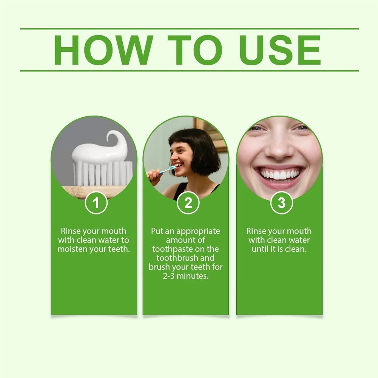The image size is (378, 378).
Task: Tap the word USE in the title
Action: (281, 50)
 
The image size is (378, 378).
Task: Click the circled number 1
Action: (96, 203)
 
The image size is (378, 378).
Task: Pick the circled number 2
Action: (188, 203)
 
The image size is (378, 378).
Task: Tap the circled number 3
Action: (282, 203)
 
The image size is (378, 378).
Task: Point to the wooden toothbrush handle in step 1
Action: (94, 191)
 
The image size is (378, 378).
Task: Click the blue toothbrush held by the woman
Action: (167, 170)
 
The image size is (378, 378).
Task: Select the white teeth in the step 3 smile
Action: (280, 175)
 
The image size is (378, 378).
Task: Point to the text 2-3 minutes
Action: (185, 276)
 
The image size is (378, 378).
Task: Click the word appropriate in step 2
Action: (198, 231)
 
